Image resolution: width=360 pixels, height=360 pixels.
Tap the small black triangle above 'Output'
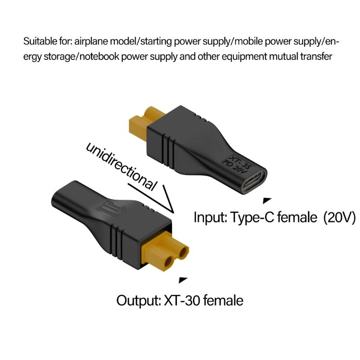[x=183, y=280]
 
